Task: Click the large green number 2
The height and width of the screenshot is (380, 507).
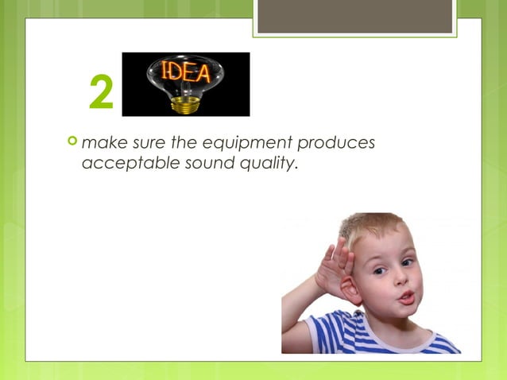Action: tap(101, 94)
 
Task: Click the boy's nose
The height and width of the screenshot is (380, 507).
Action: tap(397, 280)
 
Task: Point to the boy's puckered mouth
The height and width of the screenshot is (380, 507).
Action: tap(405, 297)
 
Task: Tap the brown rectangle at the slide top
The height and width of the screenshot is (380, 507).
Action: tap(354, 16)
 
